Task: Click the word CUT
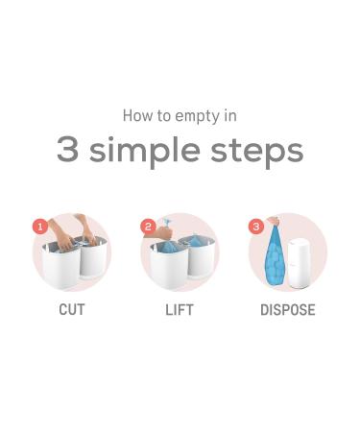point(72,310)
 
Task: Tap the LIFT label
point(180,310)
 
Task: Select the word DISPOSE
point(287,310)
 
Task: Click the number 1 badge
point(40,227)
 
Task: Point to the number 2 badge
point(148,227)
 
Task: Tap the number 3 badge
point(255,227)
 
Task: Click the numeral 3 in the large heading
point(67,150)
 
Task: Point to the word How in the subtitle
point(137,115)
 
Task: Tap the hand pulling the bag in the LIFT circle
point(166,229)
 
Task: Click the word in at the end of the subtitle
point(229,115)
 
